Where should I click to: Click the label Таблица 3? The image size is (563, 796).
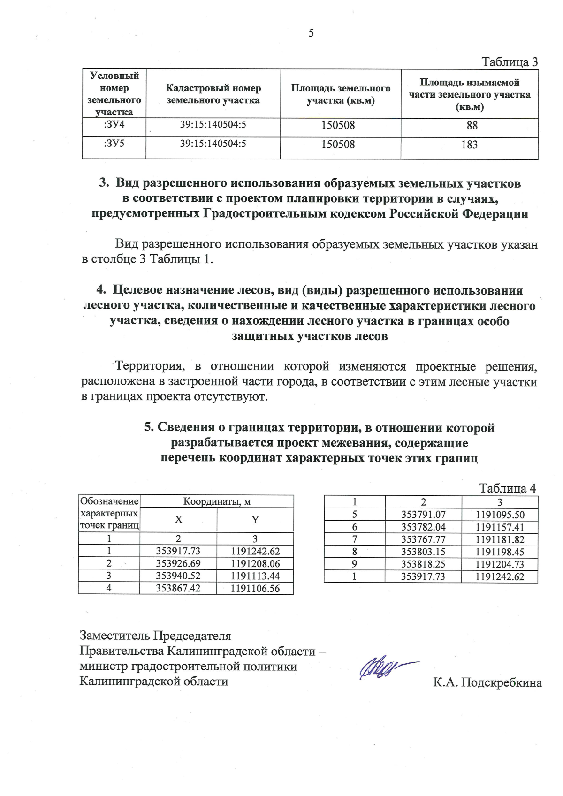coord(510,62)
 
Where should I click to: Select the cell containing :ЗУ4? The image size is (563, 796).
coord(114,125)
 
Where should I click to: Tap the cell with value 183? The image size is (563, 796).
coord(469,144)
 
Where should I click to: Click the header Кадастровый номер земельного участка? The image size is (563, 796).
coord(213,94)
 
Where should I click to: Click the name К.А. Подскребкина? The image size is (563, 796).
coord(487,682)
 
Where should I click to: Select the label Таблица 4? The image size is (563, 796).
coord(507,488)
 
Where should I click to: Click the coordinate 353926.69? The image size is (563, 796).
coord(178,564)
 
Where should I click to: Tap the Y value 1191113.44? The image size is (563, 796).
coord(255,576)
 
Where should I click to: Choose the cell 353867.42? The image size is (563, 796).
coord(178,588)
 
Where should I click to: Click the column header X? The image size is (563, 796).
coord(178,520)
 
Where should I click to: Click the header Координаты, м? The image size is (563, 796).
coord(217,501)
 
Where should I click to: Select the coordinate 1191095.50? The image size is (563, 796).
coord(500,515)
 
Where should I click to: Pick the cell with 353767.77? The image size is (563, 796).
coord(423,539)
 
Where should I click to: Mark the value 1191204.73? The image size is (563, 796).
coord(500,564)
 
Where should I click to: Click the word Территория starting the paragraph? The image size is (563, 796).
coord(148,366)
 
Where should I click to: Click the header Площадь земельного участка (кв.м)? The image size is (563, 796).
coord(341,94)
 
